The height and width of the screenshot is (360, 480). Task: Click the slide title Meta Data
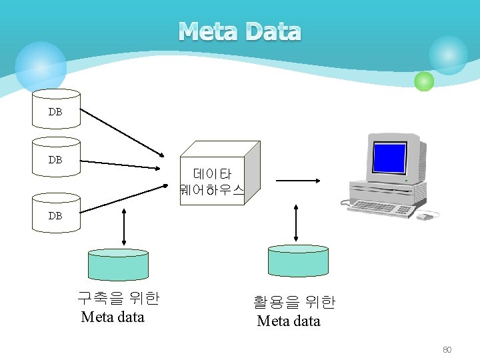point(240,31)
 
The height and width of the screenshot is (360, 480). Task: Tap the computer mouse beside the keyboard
point(426,215)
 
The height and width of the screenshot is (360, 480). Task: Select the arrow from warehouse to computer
point(299,180)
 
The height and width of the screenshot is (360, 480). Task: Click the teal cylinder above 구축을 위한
point(118,265)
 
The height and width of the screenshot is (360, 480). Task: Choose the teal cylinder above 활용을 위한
point(298,260)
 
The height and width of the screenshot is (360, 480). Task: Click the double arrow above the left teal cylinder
point(125,227)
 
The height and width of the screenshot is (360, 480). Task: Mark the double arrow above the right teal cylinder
point(296,223)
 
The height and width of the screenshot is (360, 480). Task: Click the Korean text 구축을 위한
point(118,298)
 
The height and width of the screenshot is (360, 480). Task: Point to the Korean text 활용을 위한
point(294,302)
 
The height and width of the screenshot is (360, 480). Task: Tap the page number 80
point(447,350)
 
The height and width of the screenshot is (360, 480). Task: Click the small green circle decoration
point(424,81)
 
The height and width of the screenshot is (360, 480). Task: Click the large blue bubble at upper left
point(41,67)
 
